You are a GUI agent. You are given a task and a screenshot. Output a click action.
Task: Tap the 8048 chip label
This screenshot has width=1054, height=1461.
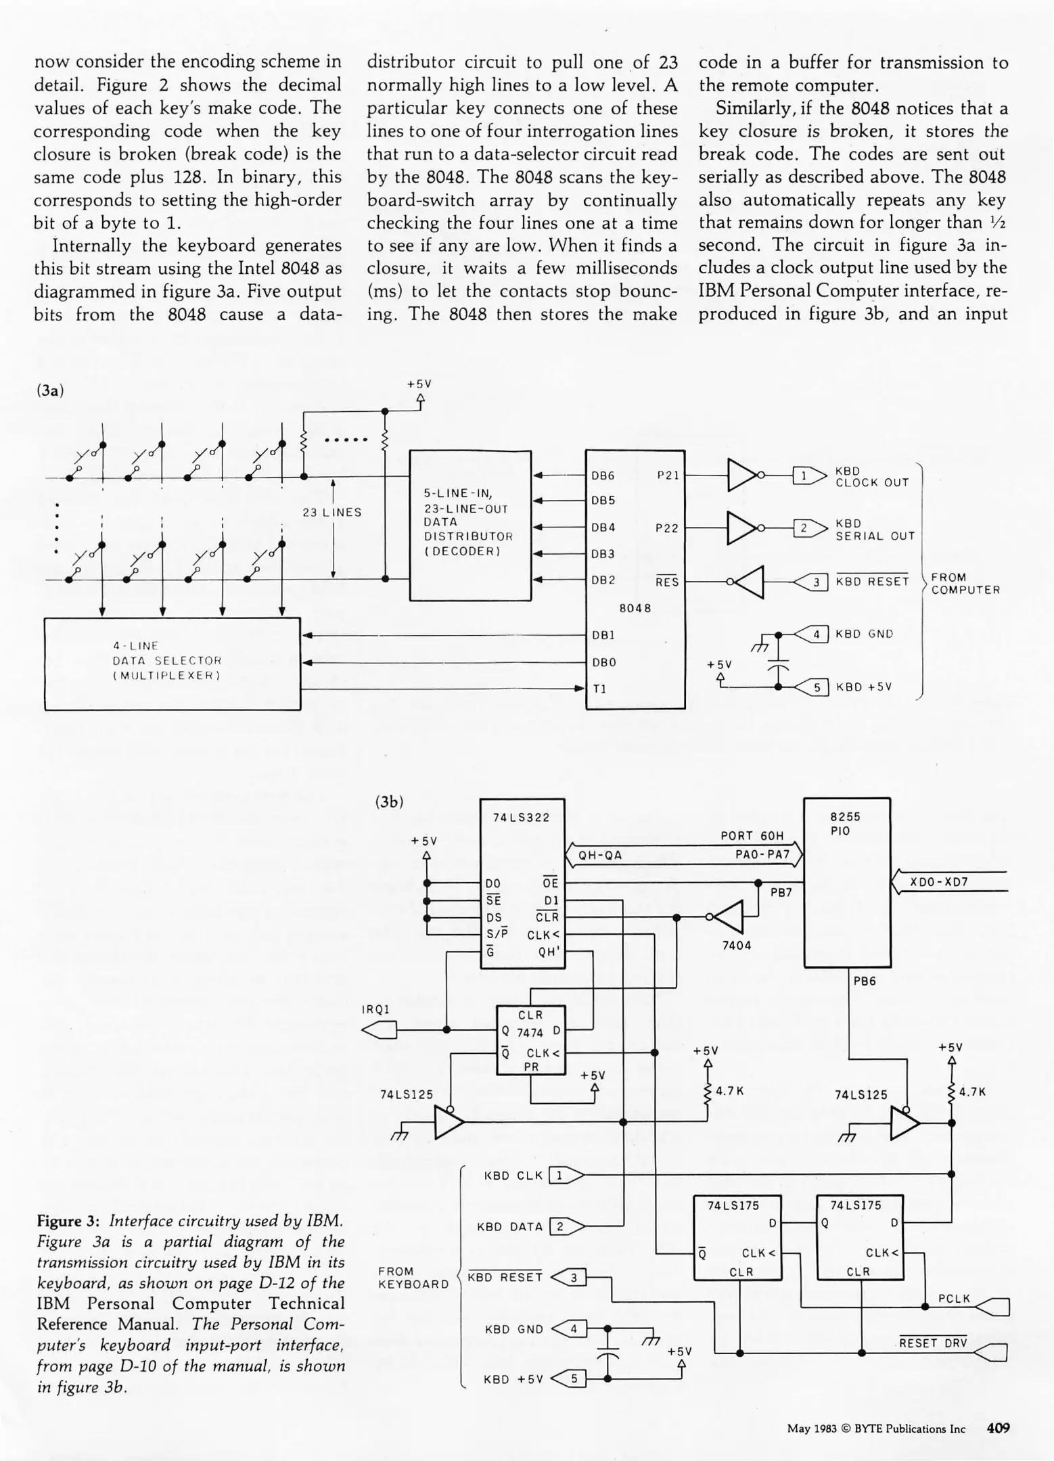pos(635,608)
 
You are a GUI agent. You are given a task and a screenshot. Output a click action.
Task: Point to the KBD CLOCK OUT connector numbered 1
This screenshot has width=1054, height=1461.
pos(804,476)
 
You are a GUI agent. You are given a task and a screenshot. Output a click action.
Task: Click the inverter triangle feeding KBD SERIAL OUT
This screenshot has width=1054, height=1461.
pos(742,528)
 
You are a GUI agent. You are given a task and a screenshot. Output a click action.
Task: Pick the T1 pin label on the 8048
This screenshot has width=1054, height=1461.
pos(599,689)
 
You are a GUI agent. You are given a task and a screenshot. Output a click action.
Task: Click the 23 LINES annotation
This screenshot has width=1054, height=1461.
pos(331,513)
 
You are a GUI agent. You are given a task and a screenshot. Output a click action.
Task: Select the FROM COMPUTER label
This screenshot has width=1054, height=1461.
pos(965,583)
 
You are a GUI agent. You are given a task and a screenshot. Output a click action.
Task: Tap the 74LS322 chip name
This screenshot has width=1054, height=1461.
pos(521,817)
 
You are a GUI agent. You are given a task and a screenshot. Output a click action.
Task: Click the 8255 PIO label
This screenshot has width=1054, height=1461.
pos(845,823)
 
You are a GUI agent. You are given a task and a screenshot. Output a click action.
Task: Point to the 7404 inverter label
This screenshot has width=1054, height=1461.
pos(737,945)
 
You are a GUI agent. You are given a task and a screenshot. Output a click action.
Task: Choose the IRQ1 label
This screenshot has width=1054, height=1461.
pos(376,1009)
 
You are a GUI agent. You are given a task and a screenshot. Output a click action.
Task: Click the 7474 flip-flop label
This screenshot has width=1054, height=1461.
pos(530,1032)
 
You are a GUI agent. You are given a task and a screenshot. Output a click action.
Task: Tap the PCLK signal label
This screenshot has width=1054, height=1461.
pos(954,1298)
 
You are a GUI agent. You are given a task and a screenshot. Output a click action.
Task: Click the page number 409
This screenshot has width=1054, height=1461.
pos(998,1428)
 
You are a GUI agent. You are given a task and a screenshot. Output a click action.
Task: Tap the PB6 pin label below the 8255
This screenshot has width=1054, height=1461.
pos(865,981)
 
